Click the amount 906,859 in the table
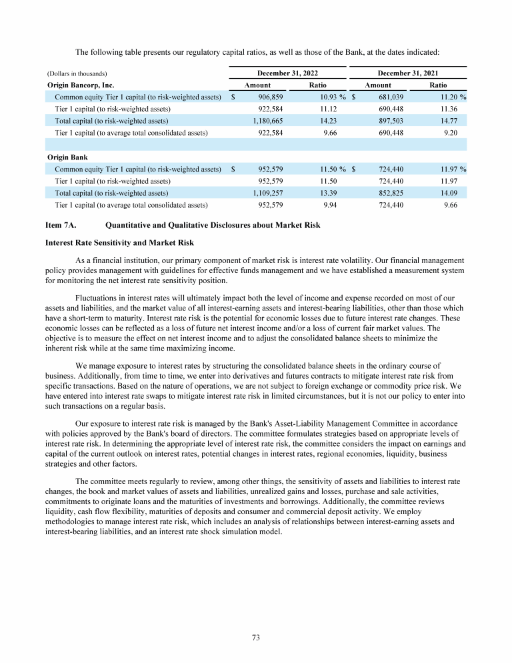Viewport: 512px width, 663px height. point(269,97)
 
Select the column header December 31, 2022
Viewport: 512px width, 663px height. point(287,73)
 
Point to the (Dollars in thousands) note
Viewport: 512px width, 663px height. point(77,73)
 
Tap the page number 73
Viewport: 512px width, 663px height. point(256,638)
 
